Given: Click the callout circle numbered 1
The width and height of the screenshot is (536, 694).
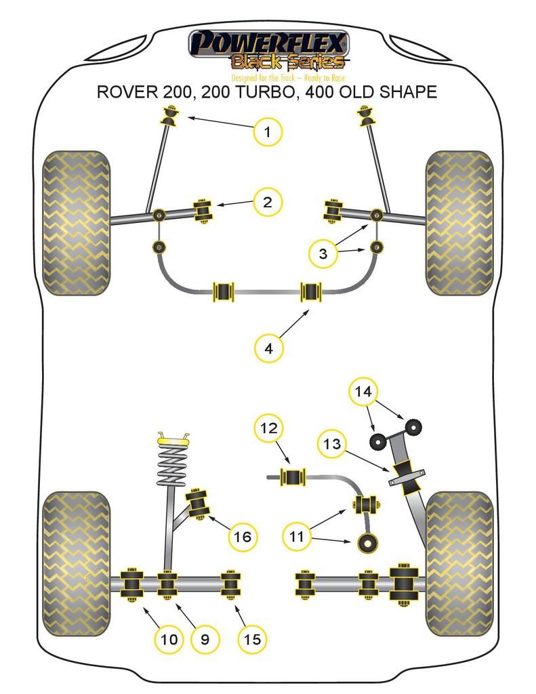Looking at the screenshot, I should click(x=268, y=131).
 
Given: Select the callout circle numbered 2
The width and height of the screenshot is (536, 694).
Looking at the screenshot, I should click(x=268, y=201).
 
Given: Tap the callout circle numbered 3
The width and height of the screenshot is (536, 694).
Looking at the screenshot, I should click(x=323, y=253).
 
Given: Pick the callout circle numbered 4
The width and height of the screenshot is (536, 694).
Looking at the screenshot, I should click(x=269, y=348).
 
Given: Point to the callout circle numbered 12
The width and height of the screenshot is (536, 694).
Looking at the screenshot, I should click(x=268, y=428).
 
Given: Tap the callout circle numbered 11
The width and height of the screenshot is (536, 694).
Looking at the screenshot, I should click(x=297, y=537).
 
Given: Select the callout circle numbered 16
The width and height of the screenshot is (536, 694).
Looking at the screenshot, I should click(x=242, y=537).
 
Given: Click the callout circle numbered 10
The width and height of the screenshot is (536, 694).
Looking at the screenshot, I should click(x=169, y=638).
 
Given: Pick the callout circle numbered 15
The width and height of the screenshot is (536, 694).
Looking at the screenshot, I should click(x=251, y=638).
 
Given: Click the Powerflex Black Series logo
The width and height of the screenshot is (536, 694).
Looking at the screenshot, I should click(x=268, y=50).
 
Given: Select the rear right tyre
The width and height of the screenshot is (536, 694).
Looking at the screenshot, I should click(x=459, y=563).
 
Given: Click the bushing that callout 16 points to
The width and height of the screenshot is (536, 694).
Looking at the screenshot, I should click(x=199, y=502).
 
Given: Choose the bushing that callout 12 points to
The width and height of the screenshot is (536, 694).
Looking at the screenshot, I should click(x=293, y=476).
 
